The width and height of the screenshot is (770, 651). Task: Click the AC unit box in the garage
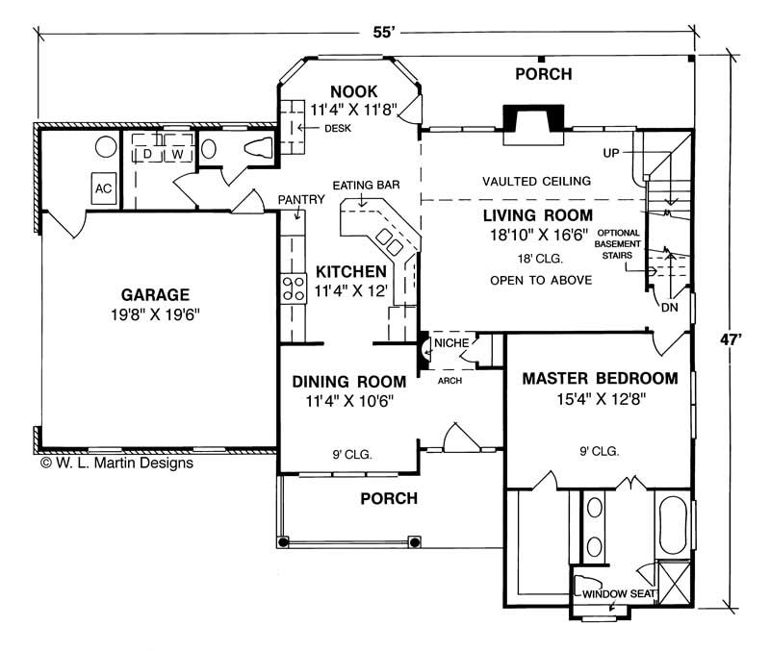point(103,188)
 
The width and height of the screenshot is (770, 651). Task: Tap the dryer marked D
point(148,153)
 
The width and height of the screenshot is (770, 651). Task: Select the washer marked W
point(178,153)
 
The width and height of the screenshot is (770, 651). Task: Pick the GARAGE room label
point(155,294)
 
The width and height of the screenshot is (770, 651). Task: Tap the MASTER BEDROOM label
point(600,378)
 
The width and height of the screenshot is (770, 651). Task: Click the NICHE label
point(451,342)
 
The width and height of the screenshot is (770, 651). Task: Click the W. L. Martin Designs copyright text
point(117,463)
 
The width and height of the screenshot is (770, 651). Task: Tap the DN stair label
point(669,308)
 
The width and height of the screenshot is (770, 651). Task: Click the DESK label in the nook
point(336,128)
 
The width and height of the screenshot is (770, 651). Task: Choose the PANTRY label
point(295,199)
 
